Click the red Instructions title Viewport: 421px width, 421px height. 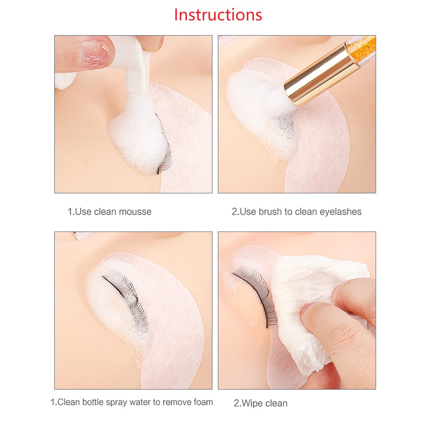tap(218, 15)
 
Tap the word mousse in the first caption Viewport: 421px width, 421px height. tap(135, 212)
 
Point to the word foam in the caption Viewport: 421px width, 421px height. tap(202, 402)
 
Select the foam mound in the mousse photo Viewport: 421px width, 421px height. tap(137, 137)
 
